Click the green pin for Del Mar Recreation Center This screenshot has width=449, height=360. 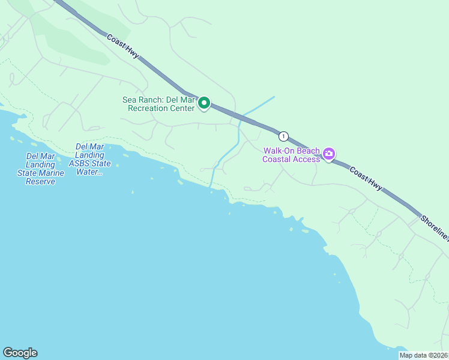point(204,103)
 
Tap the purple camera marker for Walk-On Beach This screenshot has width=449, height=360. point(329,154)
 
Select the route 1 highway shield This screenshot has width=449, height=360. point(283,136)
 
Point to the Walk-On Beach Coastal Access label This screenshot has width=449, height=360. point(291,155)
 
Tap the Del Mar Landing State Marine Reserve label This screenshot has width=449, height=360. point(41,169)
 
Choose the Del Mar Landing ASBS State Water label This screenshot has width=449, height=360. point(90,159)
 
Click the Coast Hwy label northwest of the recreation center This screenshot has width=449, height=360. point(123,46)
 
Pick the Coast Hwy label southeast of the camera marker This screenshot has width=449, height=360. point(366,179)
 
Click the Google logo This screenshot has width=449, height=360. point(20,353)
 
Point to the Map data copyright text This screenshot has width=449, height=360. point(423,355)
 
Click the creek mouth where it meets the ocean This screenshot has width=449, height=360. point(210,185)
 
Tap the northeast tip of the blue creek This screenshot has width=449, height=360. point(274,97)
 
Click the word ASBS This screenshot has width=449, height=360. point(81,163)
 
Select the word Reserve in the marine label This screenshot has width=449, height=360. point(41,181)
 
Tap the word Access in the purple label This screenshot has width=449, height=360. point(307,159)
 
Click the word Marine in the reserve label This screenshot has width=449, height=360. point(53,173)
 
